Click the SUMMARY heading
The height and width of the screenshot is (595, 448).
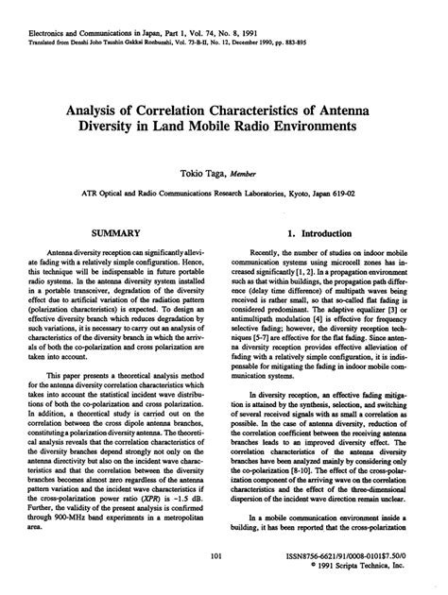point(116,231)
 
